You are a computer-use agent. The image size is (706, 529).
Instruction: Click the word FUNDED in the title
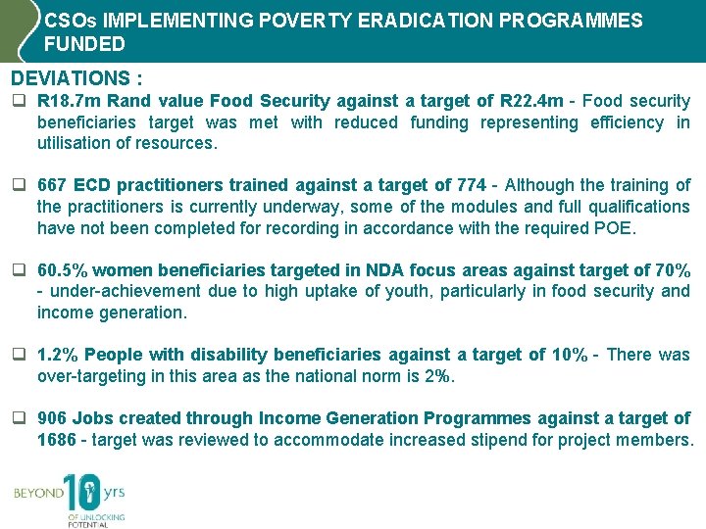84,44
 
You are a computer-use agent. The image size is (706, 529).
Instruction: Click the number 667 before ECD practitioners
53,185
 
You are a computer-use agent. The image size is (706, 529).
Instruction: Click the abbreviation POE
618,228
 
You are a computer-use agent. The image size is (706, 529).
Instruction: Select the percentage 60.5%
63,270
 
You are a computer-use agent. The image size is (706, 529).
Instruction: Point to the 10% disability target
569,355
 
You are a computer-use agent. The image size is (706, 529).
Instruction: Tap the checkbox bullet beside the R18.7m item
19,102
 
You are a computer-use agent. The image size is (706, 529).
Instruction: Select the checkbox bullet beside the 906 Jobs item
19,419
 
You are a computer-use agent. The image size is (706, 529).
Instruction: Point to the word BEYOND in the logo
37,494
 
